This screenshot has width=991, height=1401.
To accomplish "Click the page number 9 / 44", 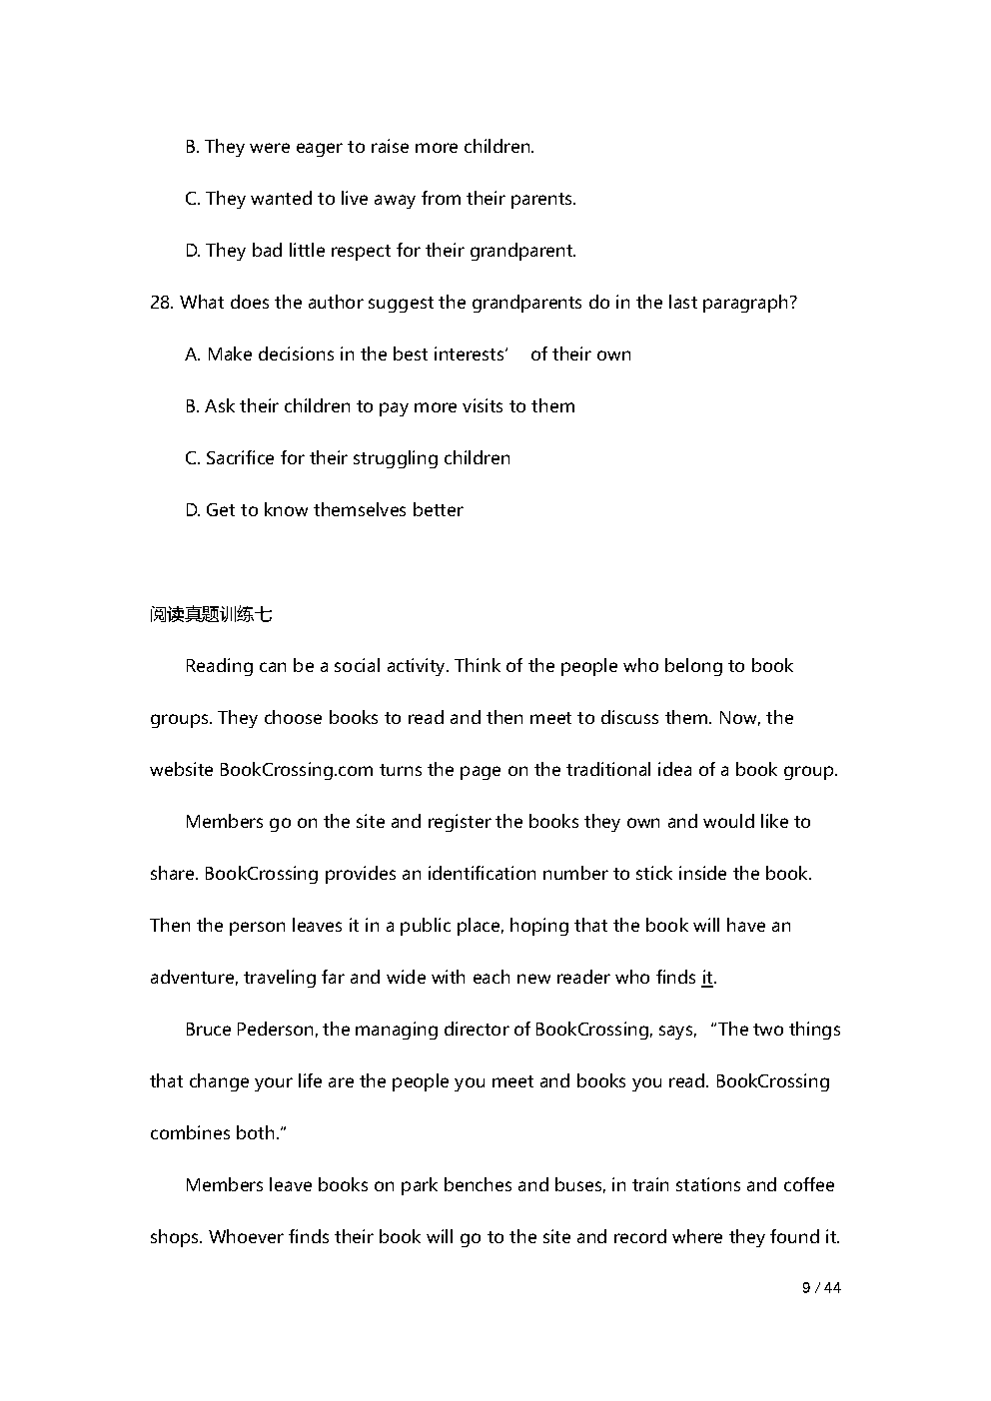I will pyautogui.click(x=821, y=1288).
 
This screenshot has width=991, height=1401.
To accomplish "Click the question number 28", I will pyautogui.click(x=161, y=303).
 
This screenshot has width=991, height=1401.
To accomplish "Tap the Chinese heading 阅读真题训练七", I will pyautogui.click(x=211, y=615).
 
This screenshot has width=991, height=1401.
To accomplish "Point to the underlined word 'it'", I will pyautogui.click(x=707, y=978).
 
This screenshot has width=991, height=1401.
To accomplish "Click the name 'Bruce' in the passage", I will pyautogui.click(x=208, y=1030).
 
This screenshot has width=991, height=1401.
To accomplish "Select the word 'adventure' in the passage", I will pyautogui.click(x=192, y=978).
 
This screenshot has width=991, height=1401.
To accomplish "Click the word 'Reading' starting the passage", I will pyautogui.click(x=219, y=666).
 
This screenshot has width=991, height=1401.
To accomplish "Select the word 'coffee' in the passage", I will pyautogui.click(x=808, y=1185).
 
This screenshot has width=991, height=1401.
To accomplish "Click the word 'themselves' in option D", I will pyautogui.click(x=360, y=510).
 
